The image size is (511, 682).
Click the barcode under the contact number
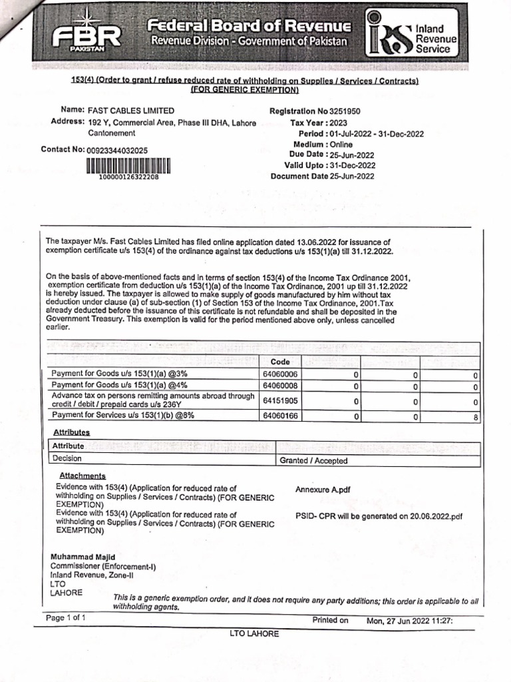pyautogui.click(x=128, y=167)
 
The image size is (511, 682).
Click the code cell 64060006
pyautogui.click(x=280, y=374)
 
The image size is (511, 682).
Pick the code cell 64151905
pyautogui.click(x=280, y=401)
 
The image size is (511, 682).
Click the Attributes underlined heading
pyautogui.click(x=71, y=432)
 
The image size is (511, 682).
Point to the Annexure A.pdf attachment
pyautogui.click(x=323, y=490)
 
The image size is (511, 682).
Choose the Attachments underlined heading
pyautogui.click(x=83, y=476)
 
